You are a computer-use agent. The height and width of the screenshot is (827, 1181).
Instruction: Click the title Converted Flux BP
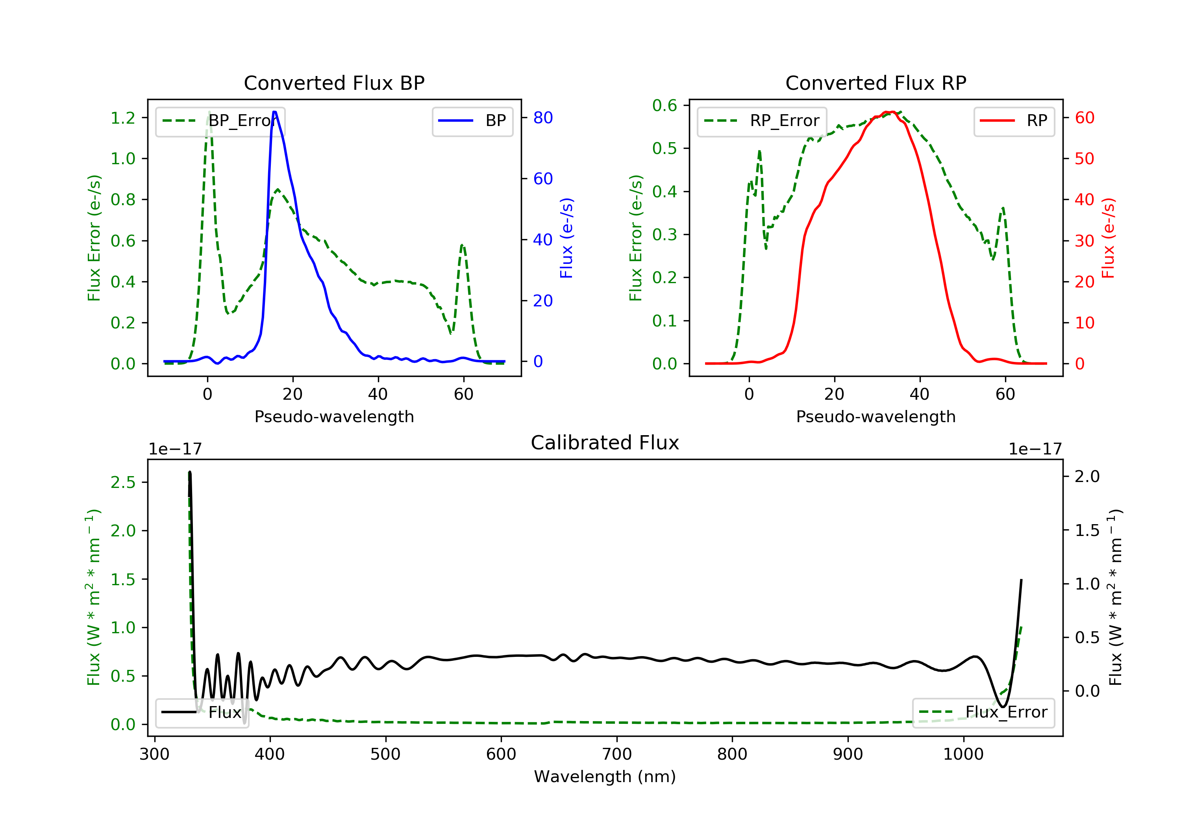point(334,83)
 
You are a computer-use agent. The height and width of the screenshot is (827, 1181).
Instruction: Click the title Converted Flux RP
point(876,83)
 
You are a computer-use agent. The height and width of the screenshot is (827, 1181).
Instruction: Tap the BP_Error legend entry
point(220,121)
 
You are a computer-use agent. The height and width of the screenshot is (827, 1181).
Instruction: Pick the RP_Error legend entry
point(762,121)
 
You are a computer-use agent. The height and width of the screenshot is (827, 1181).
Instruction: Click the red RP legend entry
point(1014,121)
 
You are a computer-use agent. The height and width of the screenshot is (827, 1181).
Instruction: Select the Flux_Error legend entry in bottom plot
point(983,712)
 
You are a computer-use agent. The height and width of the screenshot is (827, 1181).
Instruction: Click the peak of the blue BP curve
point(275,112)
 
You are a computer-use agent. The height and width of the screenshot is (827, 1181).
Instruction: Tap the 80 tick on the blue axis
point(542,118)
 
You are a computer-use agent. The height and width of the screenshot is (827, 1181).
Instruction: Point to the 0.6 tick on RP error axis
point(665,106)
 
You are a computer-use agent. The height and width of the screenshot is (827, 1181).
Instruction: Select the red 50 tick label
point(1084,158)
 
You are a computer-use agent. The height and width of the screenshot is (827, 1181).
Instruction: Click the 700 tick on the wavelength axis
point(617,755)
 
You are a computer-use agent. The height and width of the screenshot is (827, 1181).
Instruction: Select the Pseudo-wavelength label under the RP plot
point(876,416)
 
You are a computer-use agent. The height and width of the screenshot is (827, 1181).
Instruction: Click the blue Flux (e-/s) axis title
point(566,238)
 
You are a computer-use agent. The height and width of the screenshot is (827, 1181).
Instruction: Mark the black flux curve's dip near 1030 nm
point(1002,706)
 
